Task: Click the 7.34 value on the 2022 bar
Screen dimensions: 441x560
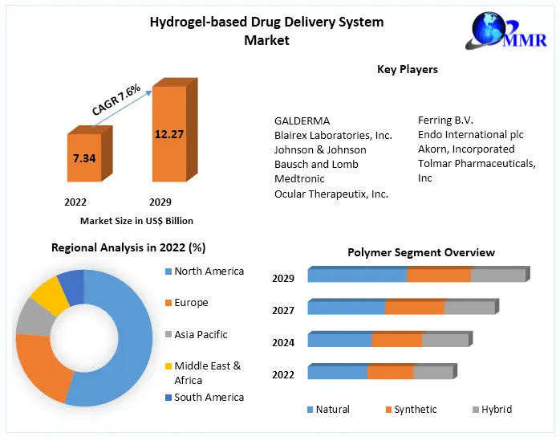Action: point(84,158)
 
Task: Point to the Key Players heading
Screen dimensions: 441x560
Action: point(408,69)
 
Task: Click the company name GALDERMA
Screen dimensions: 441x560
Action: point(302,120)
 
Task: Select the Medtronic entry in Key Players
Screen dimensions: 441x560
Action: point(300,178)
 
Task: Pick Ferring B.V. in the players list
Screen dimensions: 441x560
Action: point(447,120)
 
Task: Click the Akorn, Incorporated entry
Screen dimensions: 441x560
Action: point(466,149)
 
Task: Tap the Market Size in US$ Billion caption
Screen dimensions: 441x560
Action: point(136,221)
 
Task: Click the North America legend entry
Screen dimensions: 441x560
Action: point(209,272)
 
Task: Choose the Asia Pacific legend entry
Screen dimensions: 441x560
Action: point(201,334)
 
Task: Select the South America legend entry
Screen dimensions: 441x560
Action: point(209,397)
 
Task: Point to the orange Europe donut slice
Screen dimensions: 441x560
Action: point(40,365)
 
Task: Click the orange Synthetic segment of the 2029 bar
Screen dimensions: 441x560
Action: point(438,276)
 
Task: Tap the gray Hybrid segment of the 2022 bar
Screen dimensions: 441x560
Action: point(433,372)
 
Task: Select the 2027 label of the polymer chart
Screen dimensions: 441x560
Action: point(283,310)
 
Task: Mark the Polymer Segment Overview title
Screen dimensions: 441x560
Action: point(421,252)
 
